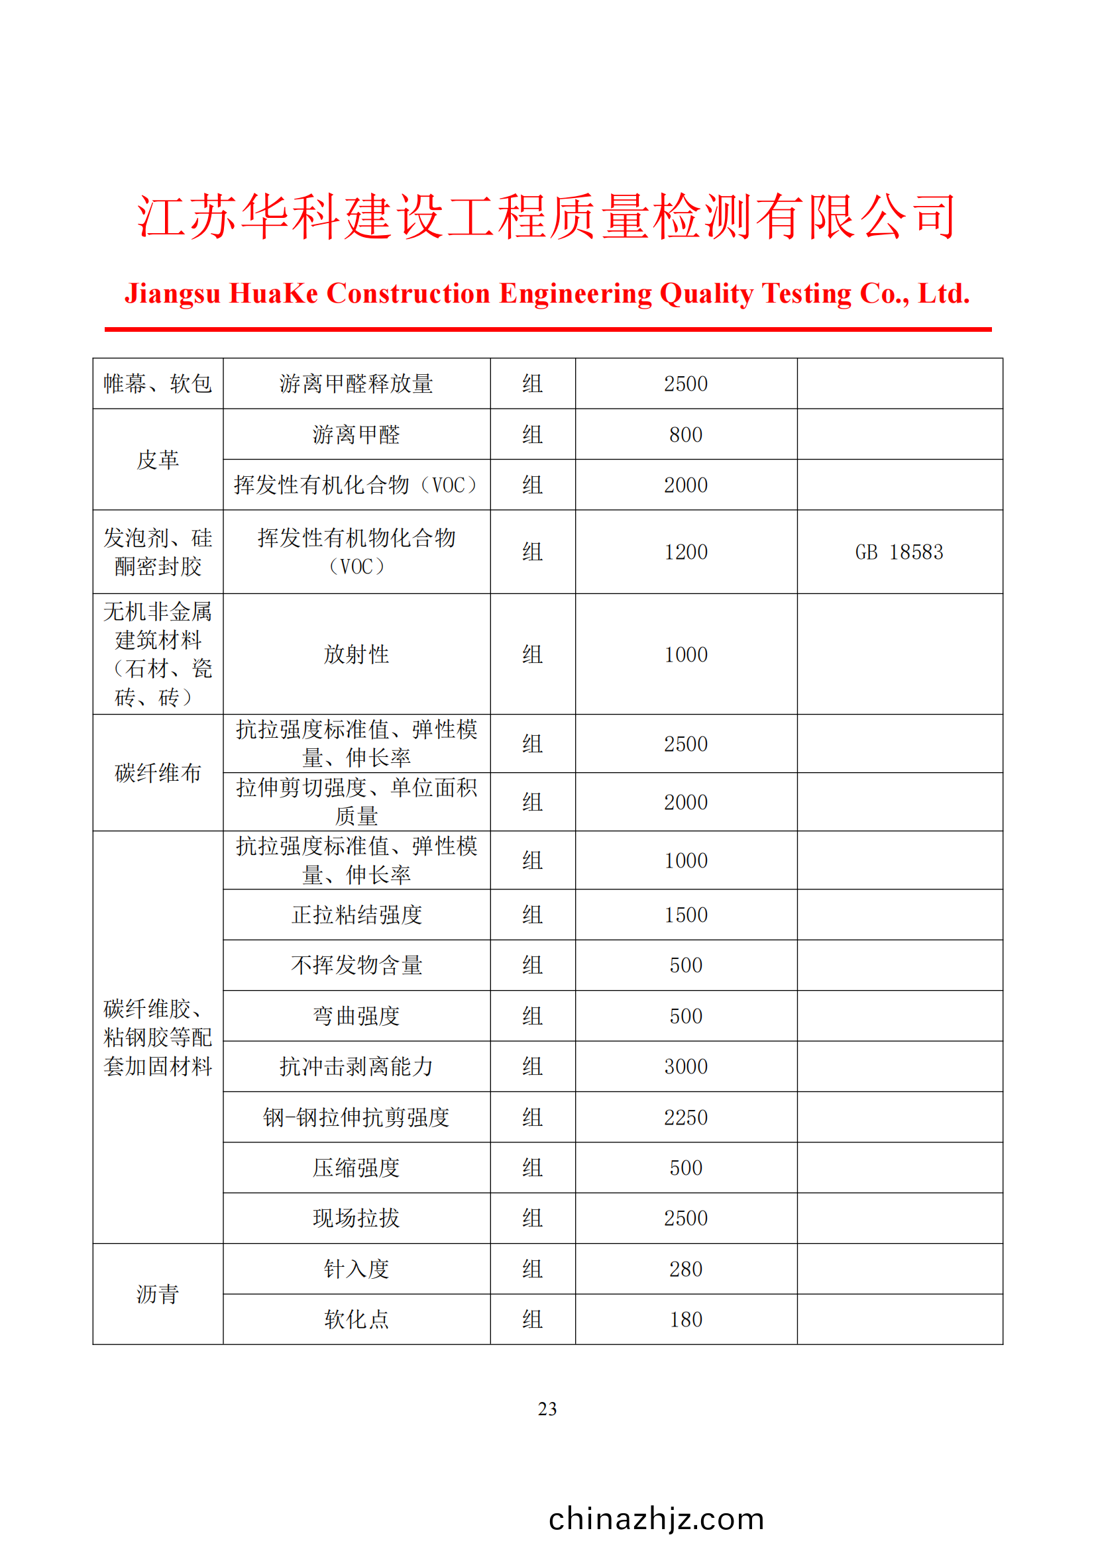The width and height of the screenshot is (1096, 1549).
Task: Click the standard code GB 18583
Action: (x=899, y=552)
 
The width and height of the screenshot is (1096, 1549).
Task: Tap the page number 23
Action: (x=547, y=1409)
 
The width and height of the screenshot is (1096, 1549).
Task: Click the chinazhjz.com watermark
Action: (x=656, y=1519)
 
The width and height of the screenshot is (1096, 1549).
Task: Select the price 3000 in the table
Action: (x=686, y=1067)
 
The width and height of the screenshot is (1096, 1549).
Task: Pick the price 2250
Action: (x=686, y=1117)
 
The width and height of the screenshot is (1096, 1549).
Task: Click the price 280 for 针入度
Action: (x=686, y=1269)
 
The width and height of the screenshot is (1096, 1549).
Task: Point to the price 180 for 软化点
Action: (x=686, y=1320)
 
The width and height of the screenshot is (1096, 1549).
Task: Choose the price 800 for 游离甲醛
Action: (x=686, y=434)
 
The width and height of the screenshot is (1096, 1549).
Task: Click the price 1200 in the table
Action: (x=686, y=552)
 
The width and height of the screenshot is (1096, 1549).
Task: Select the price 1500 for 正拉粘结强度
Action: (x=686, y=915)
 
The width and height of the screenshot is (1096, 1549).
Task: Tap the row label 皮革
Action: (x=157, y=460)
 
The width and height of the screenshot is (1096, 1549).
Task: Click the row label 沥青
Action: (x=157, y=1294)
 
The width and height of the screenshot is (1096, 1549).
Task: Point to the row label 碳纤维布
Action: (x=157, y=773)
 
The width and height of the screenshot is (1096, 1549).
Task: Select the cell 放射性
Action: (x=356, y=654)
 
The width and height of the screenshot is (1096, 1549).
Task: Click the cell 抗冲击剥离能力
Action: (x=356, y=1067)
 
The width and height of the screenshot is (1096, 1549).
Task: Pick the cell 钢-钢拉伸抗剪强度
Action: (x=356, y=1117)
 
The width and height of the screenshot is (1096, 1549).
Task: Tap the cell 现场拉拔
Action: (x=356, y=1219)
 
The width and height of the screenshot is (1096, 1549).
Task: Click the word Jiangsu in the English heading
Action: (x=173, y=294)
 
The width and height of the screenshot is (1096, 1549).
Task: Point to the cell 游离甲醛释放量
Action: (x=356, y=384)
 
